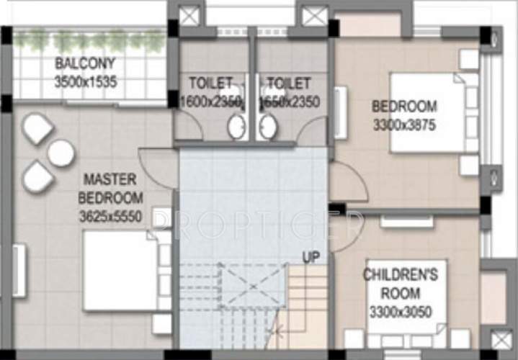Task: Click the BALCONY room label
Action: click(84, 63)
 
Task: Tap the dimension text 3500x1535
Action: click(84, 81)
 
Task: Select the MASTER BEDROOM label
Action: click(112, 188)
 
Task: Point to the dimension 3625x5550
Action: click(112, 214)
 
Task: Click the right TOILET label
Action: click(288, 83)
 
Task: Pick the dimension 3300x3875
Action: click(403, 125)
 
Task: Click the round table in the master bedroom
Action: click(61, 153)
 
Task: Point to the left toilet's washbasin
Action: click(236, 127)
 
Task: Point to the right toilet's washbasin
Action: click(267, 127)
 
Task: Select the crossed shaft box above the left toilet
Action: click(191, 17)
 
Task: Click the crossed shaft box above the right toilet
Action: click(314, 17)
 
